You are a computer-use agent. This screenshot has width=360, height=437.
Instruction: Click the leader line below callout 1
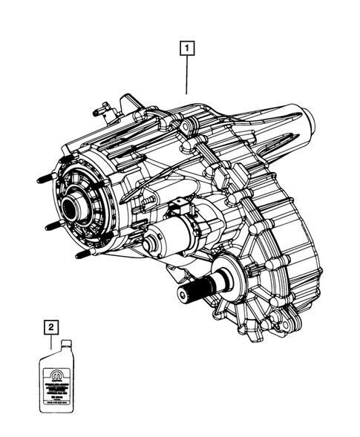pyautogui.click(x=186, y=74)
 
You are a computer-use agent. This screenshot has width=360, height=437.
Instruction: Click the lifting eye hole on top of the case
pyautogui.click(x=126, y=102)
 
